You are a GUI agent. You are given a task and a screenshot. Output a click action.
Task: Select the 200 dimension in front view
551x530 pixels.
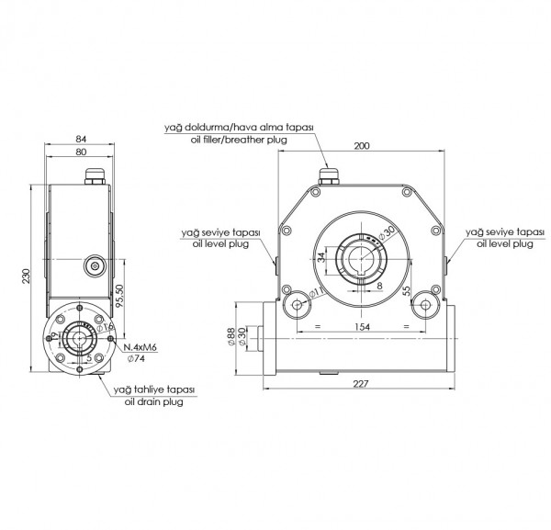pos(362,146)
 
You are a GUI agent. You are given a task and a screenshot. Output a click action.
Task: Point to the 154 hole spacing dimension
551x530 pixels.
pos(363,327)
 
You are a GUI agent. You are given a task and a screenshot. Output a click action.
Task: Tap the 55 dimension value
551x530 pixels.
pos(406,291)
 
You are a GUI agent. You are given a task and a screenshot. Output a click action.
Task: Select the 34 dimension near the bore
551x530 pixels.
pos(320,259)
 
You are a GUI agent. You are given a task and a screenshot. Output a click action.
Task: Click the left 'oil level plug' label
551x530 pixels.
pos(220,243)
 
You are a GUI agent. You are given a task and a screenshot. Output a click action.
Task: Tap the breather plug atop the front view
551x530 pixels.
pos(328,175)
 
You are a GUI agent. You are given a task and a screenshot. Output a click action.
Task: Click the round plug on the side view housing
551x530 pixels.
pos(95,265)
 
